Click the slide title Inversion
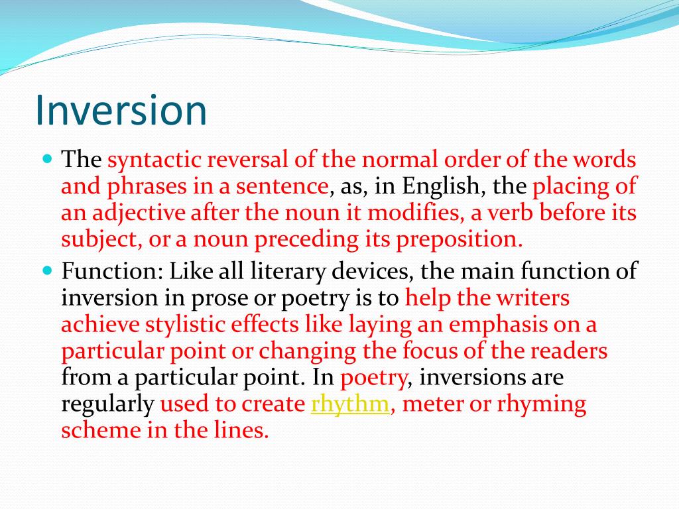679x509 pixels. coord(121,111)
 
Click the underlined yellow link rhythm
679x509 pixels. coord(349,404)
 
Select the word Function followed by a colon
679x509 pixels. coord(112,272)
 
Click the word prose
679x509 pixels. coord(223,298)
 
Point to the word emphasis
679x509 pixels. coord(495,325)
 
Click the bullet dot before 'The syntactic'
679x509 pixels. coord(47,159)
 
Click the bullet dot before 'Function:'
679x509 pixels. coord(47,270)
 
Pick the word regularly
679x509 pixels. coord(107,404)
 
